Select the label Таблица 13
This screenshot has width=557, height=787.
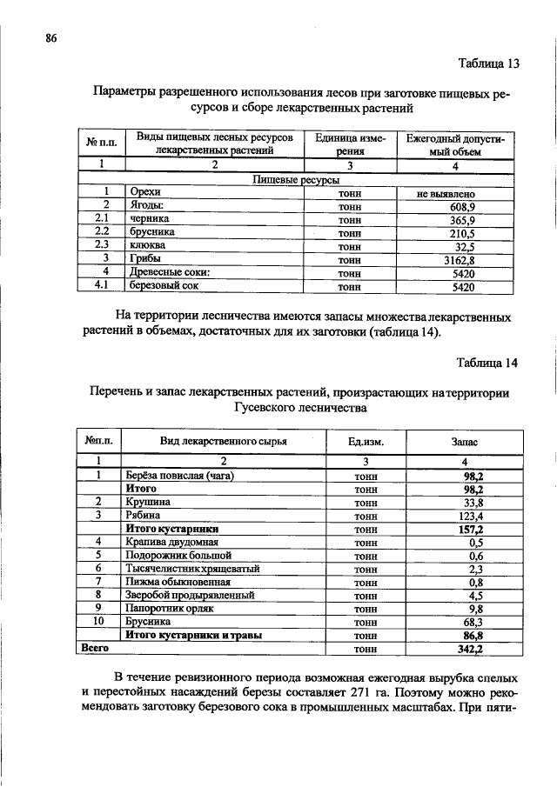point(488,63)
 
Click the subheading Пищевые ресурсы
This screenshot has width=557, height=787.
point(295,179)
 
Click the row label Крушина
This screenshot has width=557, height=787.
point(148,502)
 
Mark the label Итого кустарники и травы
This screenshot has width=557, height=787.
point(194,636)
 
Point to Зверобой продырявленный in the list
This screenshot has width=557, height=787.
point(190,596)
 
